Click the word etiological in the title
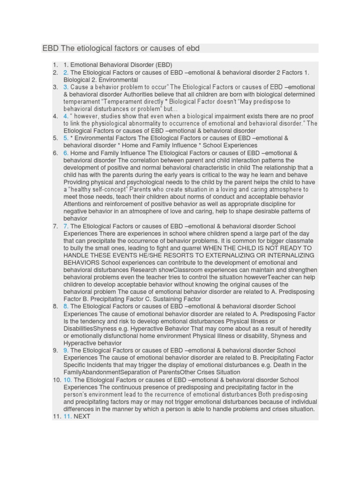coord(85,48)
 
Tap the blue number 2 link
coord(66,73)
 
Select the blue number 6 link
coord(66,153)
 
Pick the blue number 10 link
coord(67,380)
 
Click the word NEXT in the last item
coord(82,416)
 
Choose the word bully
coord(76,248)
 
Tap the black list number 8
coord(55,307)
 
